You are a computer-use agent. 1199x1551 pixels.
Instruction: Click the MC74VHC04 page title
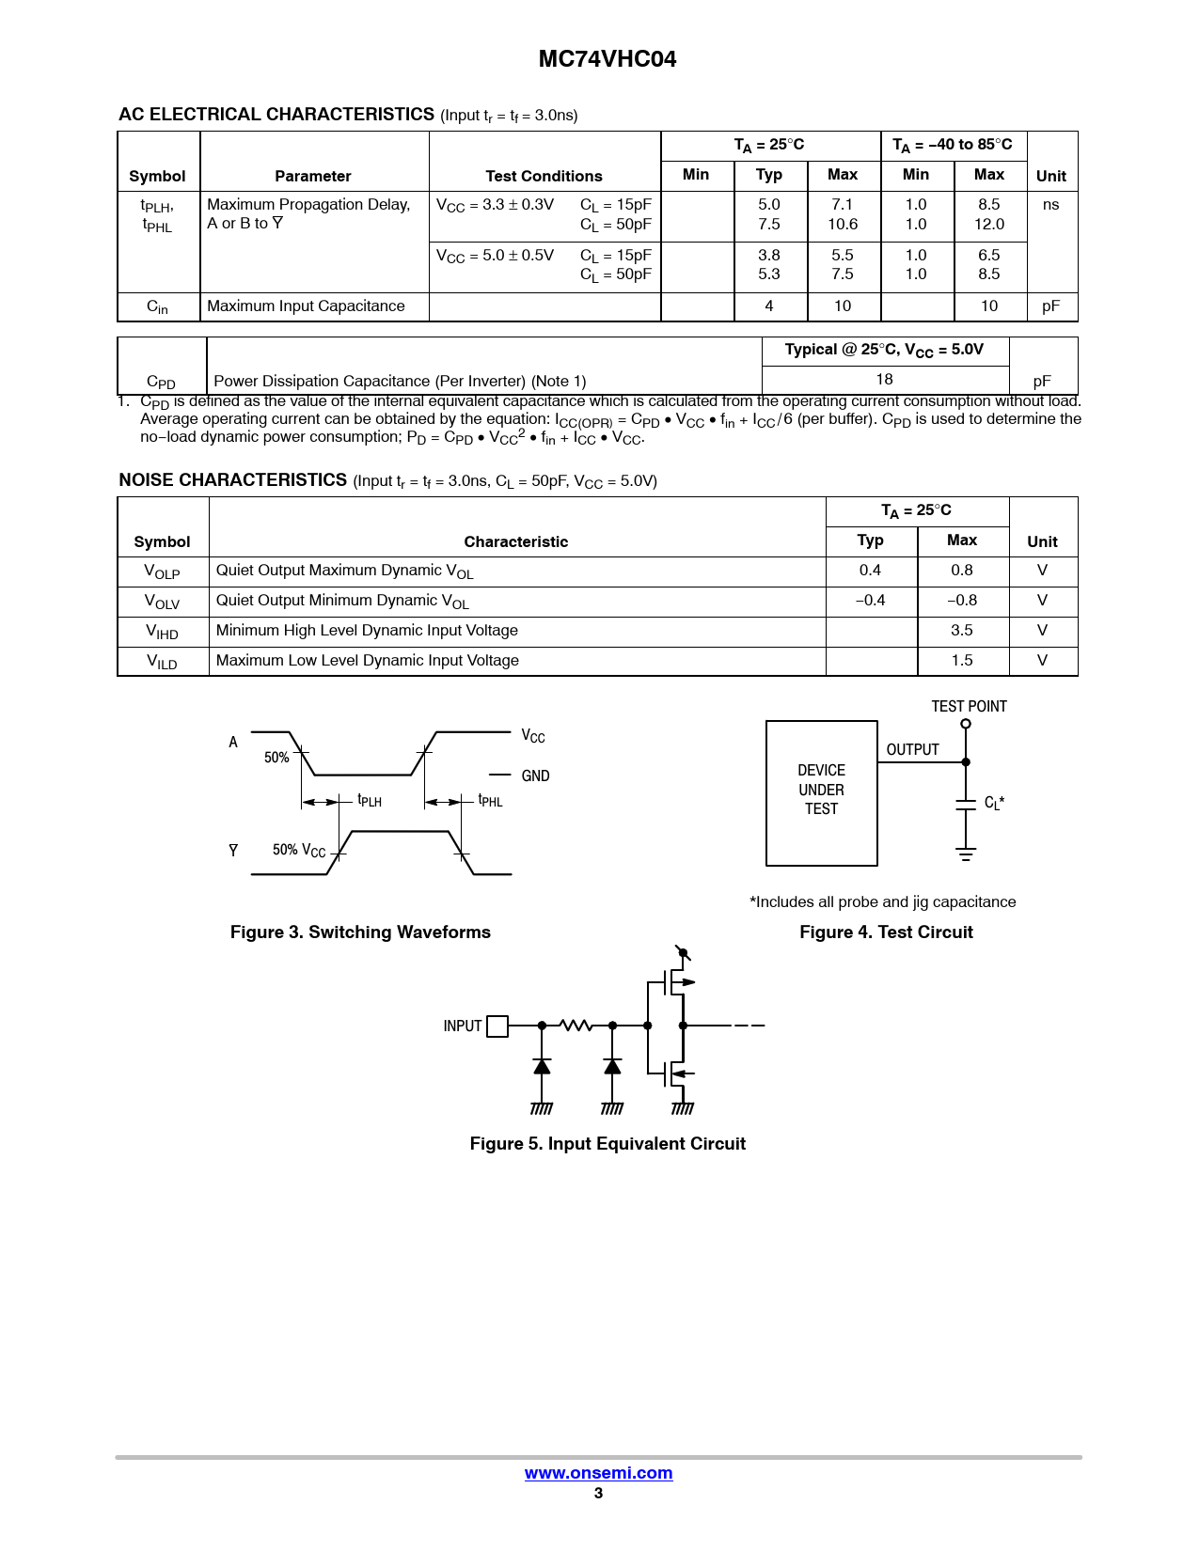point(607,59)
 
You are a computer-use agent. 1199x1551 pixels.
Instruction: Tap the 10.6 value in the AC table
point(843,225)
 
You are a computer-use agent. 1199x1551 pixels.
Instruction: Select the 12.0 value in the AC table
point(989,225)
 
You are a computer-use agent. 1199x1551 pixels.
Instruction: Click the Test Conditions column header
point(544,176)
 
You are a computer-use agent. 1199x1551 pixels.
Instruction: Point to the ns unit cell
point(1050,205)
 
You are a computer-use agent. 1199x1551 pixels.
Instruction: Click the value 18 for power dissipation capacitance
point(884,380)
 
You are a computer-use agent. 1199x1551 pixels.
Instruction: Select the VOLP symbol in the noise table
point(162,572)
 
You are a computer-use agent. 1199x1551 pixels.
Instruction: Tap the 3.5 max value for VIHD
point(961,631)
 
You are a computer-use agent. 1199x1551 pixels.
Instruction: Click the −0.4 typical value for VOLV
point(870,601)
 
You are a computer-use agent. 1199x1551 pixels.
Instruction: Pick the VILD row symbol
point(162,662)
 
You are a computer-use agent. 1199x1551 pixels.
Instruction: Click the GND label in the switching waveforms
point(535,776)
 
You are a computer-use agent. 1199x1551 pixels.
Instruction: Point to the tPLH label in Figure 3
point(370,801)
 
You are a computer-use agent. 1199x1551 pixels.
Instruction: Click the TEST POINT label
point(969,707)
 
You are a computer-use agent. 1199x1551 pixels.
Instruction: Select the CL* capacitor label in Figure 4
point(994,803)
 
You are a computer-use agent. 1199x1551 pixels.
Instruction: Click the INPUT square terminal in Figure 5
point(497,1026)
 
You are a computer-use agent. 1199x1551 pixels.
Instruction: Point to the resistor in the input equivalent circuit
point(576,1025)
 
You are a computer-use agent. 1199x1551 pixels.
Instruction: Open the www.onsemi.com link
point(598,1473)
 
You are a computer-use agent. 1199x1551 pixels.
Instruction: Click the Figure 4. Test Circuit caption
point(886,932)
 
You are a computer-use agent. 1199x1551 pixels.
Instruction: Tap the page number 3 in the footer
point(598,1493)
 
